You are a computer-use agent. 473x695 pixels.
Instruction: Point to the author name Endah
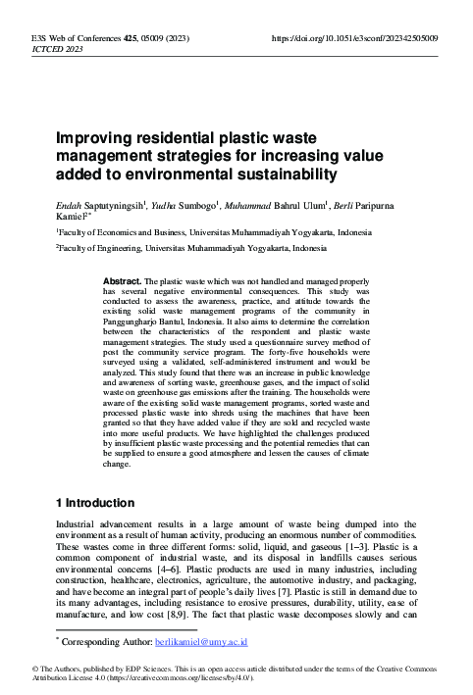tap(70, 206)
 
